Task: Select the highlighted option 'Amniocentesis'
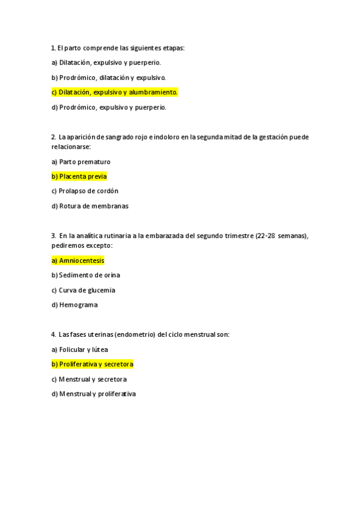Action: click(78, 260)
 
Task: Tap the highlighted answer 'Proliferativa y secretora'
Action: click(93, 364)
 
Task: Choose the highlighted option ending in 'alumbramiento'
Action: click(114, 92)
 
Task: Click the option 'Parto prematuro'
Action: click(81, 162)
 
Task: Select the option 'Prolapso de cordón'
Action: click(85, 191)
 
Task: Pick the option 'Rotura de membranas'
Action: click(90, 206)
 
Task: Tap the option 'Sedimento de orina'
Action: click(86, 275)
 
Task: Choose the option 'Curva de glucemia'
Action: click(84, 290)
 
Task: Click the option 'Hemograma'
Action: click(75, 305)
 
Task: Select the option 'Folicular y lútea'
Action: click(80, 349)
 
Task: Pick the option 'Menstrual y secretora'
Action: click(89, 379)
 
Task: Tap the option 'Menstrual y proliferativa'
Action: click(94, 394)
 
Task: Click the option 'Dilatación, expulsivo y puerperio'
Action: click(106, 63)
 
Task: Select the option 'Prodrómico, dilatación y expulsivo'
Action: click(108, 78)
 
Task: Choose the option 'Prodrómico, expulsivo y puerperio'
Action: click(109, 107)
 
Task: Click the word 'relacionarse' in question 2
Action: click(71, 146)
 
